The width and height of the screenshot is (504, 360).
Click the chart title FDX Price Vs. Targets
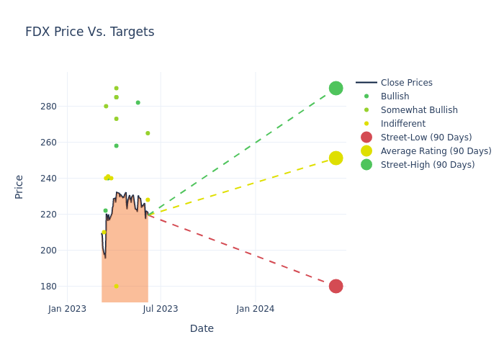(90, 32)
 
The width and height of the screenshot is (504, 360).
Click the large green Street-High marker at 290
(336, 88)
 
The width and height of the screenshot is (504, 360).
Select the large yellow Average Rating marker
(336, 158)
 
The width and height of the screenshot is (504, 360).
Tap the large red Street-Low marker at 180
(336, 286)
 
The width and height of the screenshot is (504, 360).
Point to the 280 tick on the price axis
(48, 107)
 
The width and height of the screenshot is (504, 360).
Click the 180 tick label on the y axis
(48, 287)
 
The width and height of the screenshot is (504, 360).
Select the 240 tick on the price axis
(48, 179)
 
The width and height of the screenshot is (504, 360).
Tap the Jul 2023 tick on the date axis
(161, 309)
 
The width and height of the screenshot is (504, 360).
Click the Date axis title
(202, 328)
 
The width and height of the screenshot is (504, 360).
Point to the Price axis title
(19, 186)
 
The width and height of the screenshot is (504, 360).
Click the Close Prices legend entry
(406, 83)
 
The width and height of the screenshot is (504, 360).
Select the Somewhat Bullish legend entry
(418, 110)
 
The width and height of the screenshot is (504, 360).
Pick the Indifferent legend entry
(402, 124)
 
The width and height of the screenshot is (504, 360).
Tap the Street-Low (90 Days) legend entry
(426, 138)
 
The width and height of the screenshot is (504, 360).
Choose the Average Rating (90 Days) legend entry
(436, 151)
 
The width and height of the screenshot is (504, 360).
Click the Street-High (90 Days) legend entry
(427, 165)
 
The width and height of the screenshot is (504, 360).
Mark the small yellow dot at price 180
(116, 286)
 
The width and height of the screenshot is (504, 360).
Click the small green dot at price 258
(116, 145)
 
